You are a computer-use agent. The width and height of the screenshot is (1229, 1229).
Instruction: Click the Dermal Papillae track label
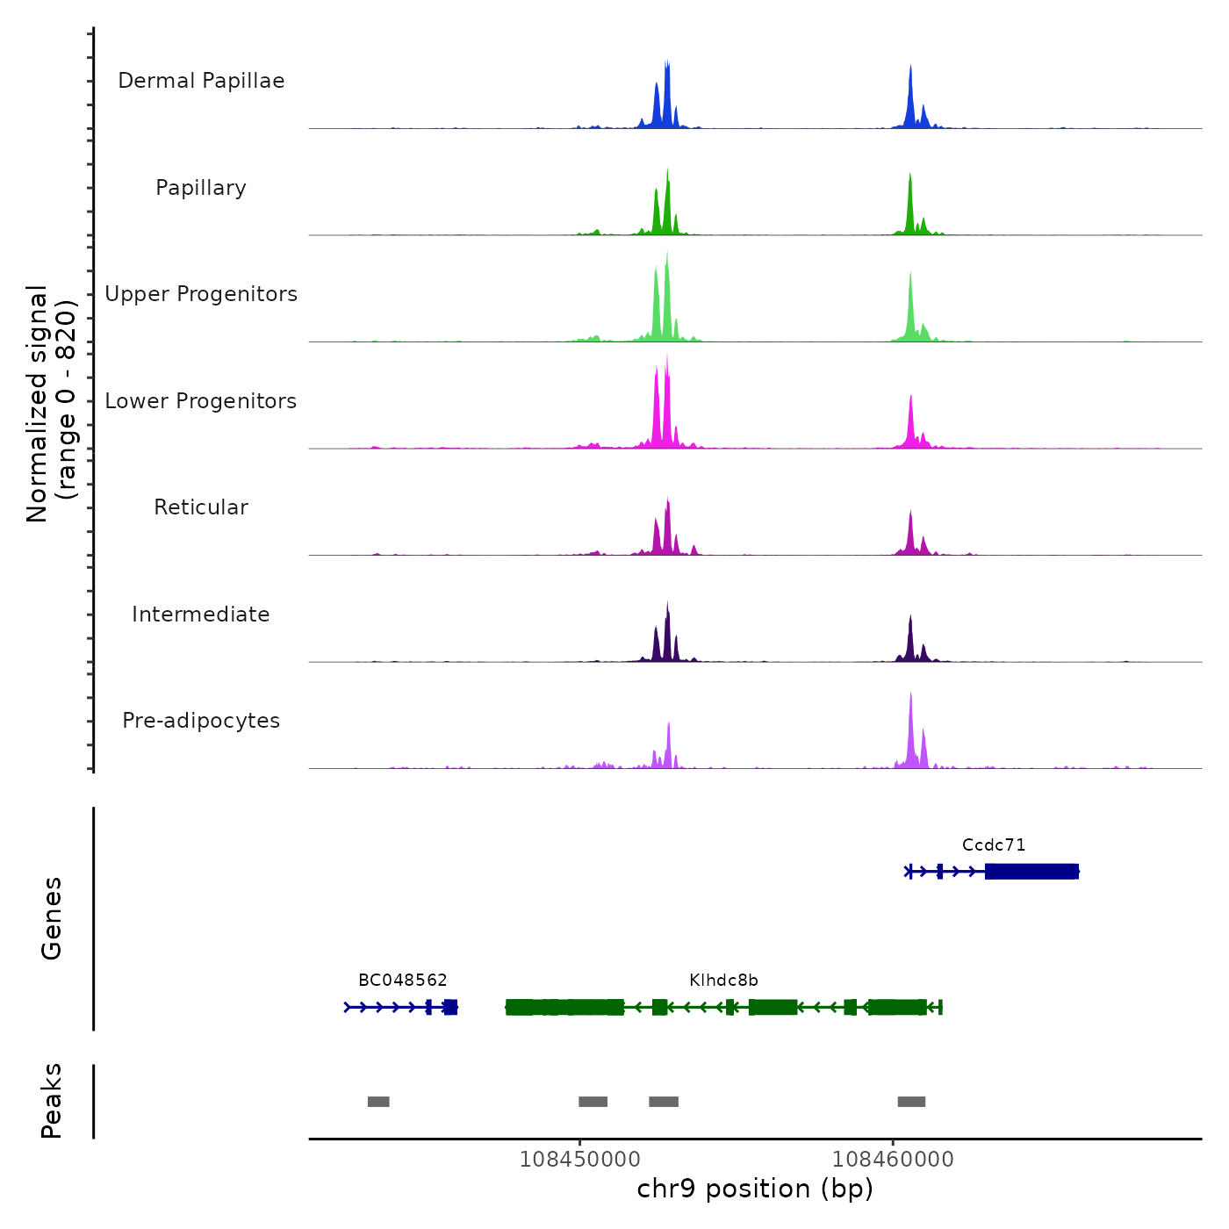(x=201, y=81)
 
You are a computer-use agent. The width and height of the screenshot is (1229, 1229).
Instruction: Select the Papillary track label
(x=201, y=188)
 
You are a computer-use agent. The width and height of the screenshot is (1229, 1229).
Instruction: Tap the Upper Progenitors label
(x=201, y=294)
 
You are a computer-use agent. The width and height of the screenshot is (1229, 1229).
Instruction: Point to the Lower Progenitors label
(x=201, y=401)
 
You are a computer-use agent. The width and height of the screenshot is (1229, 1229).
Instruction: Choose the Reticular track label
(x=201, y=507)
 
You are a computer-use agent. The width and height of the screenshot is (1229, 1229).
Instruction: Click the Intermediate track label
(x=201, y=614)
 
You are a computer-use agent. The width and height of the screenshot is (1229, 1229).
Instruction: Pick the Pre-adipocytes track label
(x=201, y=721)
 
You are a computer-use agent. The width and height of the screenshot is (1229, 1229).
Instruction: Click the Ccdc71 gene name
(x=994, y=845)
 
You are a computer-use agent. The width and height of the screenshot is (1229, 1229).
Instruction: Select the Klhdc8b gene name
(x=723, y=981)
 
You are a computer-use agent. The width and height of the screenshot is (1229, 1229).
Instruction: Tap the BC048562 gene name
(x=403, y=981)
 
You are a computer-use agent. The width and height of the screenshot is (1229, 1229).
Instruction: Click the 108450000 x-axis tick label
(x=579, y=1160)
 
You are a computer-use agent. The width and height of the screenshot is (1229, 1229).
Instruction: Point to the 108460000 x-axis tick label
(x=893, y=1160)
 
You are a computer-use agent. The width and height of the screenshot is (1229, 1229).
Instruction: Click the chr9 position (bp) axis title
(x=755, y=1189)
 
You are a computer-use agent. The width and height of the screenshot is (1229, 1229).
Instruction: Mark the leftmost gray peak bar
(x=378, y=1102)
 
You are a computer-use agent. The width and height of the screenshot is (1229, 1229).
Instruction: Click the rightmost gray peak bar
(x=911, y=1102)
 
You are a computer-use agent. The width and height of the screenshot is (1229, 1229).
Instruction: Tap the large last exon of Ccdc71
(x=1031, y=872)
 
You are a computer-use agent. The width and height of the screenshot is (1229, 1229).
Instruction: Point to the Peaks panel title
(x=52, y=1101)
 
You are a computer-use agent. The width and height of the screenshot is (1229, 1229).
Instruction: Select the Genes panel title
(x=52, y=918)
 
